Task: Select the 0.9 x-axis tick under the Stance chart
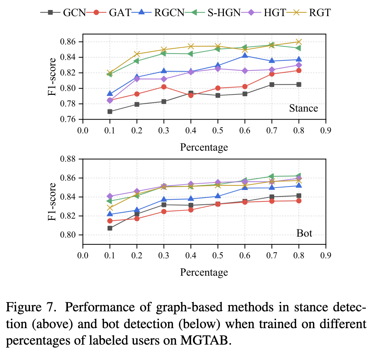[325, 131]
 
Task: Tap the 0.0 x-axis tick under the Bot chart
[83, 256]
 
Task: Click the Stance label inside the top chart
[304, 108]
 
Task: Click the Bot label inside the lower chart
[304, 234]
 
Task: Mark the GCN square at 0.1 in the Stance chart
[110, 112]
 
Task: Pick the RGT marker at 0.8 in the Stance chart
[299, 42]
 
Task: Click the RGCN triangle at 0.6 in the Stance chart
[245, 55]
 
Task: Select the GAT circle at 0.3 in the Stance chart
[164, 87]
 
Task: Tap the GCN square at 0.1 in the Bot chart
[110, 228]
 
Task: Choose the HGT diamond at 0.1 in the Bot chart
[110, 196]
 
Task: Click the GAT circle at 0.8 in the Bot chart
[299, 201]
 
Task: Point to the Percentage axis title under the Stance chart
[204, 147]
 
